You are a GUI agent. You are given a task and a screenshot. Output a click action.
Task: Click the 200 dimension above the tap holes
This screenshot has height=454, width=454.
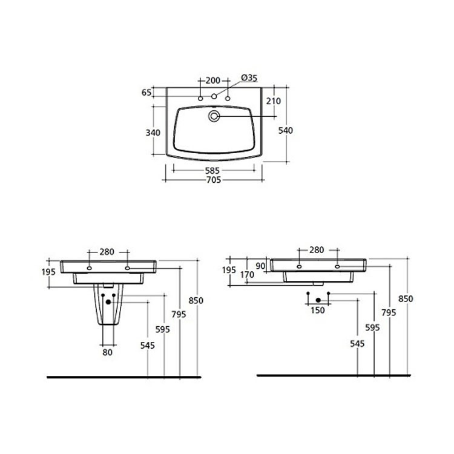212,81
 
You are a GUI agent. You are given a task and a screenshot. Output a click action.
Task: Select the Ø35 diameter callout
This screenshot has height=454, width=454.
249,78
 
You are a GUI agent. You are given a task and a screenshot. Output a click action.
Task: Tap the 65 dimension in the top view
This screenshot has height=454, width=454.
146,93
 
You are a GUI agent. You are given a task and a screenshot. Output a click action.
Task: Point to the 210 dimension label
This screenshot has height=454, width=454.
273,101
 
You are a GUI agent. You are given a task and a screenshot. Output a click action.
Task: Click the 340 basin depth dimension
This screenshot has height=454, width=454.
153,133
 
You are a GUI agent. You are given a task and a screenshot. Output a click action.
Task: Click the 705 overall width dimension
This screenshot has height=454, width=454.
212,180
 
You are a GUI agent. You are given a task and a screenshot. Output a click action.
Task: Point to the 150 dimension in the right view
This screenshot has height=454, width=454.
318,310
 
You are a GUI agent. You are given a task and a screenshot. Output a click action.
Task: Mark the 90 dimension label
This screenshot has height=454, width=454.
260,266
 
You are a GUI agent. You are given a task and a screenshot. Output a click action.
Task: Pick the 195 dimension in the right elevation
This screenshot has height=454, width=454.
229,269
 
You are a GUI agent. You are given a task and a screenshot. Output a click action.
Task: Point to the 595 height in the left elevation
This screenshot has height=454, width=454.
163,329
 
